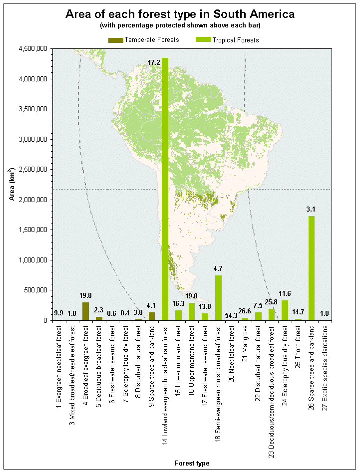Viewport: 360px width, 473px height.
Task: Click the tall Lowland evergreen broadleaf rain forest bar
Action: tap(165, 190)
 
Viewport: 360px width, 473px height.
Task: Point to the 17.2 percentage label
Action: tap(154, 62)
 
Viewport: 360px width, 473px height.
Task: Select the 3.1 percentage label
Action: tap(311, 209)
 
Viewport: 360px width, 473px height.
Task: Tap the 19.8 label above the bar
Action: tap(85, 295)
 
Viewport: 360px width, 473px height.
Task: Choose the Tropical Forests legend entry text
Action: tap(236, 40)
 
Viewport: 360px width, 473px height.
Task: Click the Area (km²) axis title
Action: tap(12, 185)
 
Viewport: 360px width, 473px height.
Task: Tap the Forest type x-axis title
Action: tap(192, 464)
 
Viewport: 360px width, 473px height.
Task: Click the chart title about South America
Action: tap(180, 14)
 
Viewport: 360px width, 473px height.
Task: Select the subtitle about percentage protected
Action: tap(180, 25)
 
